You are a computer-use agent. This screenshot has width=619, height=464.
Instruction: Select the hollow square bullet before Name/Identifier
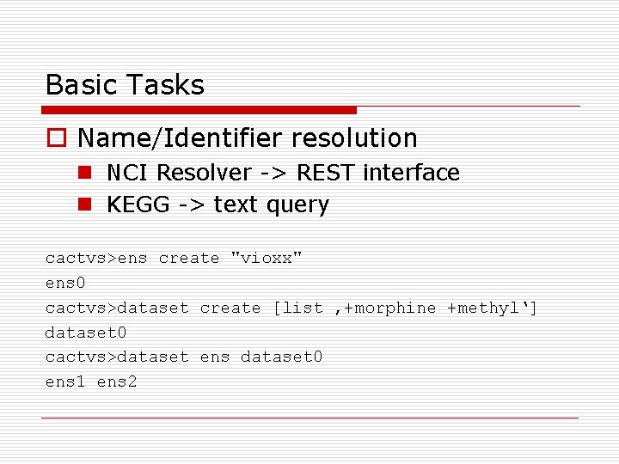[56, 138]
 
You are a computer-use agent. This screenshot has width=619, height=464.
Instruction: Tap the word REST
[325, 173]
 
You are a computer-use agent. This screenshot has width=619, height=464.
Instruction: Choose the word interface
[411, 173]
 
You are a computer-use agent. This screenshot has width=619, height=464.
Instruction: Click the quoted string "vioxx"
[267, 258]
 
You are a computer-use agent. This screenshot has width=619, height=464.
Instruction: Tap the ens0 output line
[65, 283]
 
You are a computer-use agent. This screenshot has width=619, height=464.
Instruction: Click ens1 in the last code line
[65, 382]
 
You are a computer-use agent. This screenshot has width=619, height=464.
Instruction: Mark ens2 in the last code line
[117, 382]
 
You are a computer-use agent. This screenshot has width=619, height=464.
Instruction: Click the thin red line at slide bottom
[309, 418]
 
